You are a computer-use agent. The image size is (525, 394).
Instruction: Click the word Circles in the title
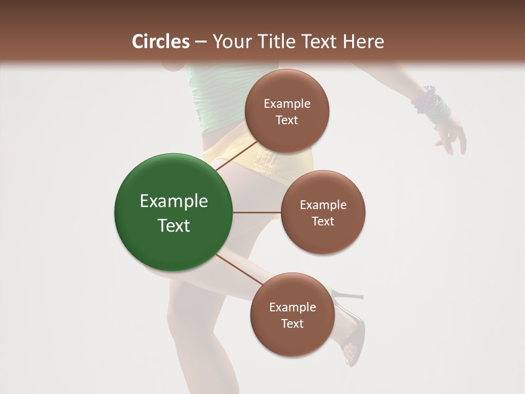coord(160,42)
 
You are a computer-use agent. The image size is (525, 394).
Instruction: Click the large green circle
coord(173,212)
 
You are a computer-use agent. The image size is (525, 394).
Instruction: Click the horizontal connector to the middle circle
coord(257,212)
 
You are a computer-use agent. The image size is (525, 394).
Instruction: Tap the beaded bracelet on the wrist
coord(432,104)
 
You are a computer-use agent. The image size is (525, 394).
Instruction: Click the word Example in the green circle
coord(173,201)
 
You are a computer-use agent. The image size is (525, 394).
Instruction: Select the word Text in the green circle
coord(173,225)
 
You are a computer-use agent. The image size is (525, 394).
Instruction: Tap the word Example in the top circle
coord(287,103)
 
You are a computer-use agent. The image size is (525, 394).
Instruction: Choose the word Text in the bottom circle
coord(292,323)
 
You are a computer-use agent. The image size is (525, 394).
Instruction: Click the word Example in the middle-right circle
coord(323,205)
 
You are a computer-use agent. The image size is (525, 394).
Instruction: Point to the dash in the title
coord(201,42)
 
